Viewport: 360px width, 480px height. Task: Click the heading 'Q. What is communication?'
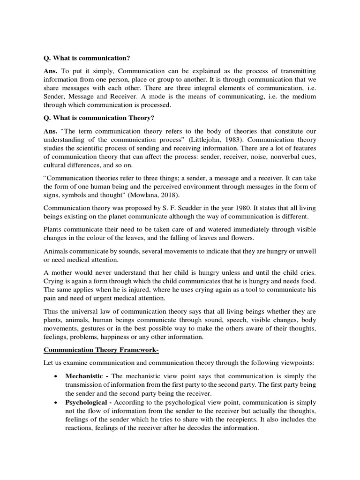click(87, 58)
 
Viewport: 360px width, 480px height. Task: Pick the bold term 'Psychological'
click(87, 403)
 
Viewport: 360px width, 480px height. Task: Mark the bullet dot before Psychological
click(56, 403)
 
